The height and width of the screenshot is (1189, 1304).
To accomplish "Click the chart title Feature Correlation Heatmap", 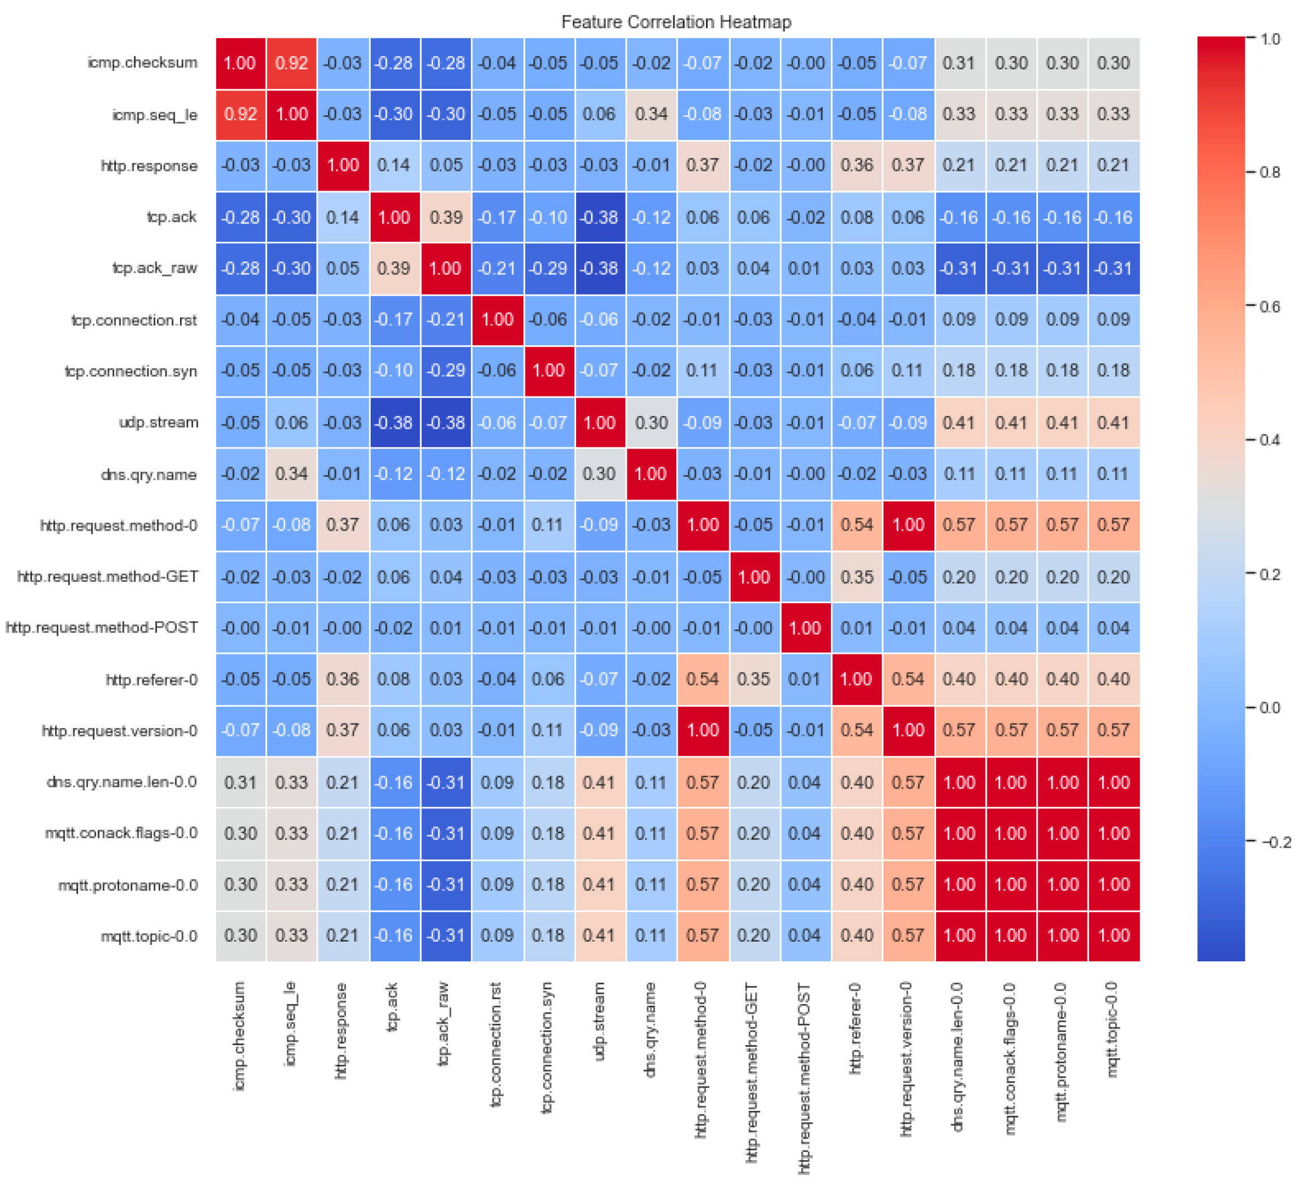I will [x=676, y=22].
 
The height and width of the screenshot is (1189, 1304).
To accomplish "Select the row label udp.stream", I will [x=159, y=423].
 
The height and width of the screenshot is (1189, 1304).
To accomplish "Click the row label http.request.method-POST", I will [x=102, y=628].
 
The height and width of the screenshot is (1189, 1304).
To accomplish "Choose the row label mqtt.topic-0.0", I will [x=149, y=936].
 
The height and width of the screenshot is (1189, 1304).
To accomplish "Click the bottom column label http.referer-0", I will [x=855, y=1029].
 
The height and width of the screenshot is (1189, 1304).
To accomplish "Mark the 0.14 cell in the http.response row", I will [x=394, y=165].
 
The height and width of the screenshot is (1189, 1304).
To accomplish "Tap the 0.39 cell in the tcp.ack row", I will [x=446, y=217].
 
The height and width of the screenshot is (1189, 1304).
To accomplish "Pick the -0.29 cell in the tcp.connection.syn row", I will [x=446, y=371].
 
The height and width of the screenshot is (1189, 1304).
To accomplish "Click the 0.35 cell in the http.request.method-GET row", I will [x=856, y=577].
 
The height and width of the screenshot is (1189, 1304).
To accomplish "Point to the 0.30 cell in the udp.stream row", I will [x=651, y=423].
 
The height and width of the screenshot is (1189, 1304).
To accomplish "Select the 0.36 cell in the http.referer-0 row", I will [x=343, y=680].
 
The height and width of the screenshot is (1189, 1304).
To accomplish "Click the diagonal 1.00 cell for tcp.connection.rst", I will [x=497, y=320].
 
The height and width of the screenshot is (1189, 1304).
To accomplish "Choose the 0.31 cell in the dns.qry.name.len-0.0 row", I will [x=240, y=783].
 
